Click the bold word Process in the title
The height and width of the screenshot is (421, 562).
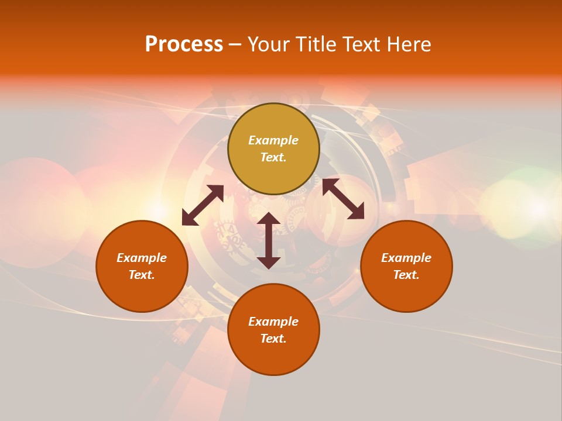click(x=184, y=44)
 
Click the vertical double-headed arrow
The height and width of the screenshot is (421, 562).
click(x=269, y=240)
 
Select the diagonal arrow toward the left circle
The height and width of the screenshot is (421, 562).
click(x=203, y=205)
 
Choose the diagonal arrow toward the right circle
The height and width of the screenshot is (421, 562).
click(x=343, y=199)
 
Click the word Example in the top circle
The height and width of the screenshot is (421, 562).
click(x=273, y=140)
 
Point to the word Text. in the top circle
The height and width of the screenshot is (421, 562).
click(x=273, y=157)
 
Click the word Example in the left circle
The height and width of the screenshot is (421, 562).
click(x=142, y=258)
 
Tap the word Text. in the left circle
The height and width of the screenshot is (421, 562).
click(x=142, y=275)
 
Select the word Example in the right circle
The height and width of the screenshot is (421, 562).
click(x=406, y=258)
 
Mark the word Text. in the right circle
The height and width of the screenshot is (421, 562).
click(x=406, y=275)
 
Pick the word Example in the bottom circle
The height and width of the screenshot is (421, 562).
click(x=273, y=322)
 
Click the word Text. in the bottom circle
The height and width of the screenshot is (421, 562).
click(x=273, y=339)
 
